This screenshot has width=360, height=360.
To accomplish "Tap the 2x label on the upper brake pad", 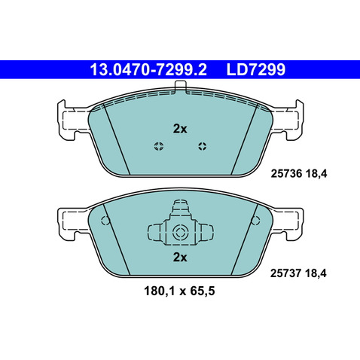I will point(179,129).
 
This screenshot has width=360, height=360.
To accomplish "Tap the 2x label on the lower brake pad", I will point(179,257).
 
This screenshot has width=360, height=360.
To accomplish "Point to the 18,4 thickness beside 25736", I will point(319,172).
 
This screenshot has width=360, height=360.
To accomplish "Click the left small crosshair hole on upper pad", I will point(157,146).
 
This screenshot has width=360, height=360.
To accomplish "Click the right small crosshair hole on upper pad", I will point(201,146).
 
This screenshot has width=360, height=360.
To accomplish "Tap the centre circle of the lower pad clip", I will point(179,232).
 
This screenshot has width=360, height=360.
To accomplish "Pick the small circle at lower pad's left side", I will point(105,221).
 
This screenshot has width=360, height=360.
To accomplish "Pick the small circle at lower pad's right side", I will point(254,221).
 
